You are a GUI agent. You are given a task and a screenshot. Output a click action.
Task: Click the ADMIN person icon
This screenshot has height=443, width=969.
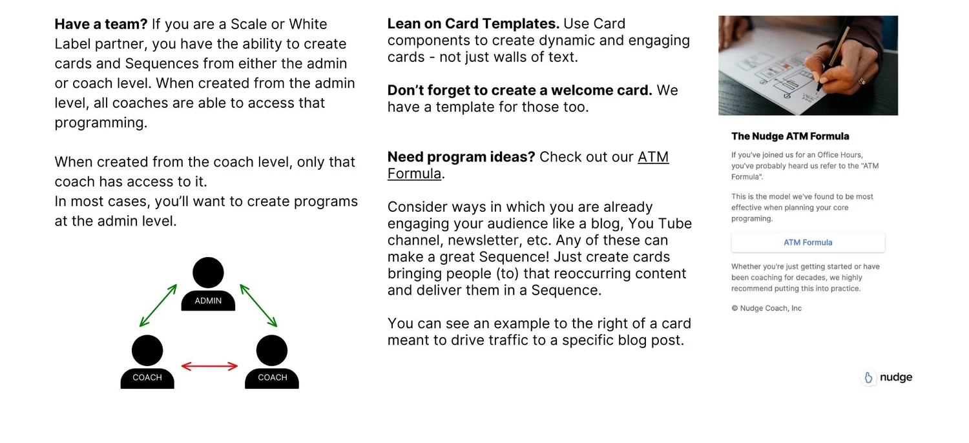[x=208, y=284]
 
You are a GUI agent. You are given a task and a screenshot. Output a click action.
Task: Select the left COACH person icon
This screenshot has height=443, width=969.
[x=147, y=362]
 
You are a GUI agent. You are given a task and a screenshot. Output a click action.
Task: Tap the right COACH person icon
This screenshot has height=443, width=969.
[x=272, y=362]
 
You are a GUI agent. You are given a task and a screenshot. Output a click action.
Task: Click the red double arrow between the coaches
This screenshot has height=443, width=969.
[x=209, y=366]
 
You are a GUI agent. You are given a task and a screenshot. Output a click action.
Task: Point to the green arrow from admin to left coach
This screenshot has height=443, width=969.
[x=158, y=305]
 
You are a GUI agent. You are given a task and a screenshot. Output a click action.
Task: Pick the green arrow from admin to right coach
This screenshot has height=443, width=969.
[x=258, y=305]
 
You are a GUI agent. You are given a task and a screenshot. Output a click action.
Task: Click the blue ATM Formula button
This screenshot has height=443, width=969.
[x=807, y=243]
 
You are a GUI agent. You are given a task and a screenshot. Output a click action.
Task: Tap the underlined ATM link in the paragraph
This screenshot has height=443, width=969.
[x=653, y=157]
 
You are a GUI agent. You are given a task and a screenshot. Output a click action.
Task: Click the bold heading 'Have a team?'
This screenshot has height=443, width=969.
[x=101, y=25]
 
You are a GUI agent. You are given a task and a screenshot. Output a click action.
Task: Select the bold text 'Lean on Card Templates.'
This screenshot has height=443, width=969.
[x=473, y=24]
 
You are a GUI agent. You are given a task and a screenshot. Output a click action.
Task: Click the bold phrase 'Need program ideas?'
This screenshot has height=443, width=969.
[x=461, y=157]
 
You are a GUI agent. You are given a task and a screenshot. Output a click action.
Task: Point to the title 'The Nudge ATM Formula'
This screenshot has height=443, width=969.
[x=790, y=136]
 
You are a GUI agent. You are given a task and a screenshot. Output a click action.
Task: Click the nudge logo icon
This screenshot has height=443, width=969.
[x=869, y=378]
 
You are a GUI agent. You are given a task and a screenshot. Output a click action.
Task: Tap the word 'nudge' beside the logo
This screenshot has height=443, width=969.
[x=896, y=377]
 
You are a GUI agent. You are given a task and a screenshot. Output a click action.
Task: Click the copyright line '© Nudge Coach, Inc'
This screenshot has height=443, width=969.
[x=766, y=308]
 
